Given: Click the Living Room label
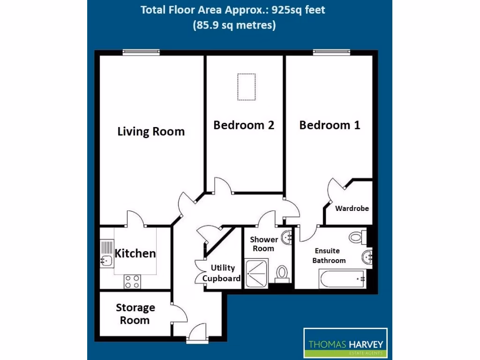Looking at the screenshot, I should [x=151, y=132].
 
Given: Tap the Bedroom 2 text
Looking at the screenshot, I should [x=244, y=125].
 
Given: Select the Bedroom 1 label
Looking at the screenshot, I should [x=330, y=125].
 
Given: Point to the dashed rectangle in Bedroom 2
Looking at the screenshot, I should [x=246, y=87].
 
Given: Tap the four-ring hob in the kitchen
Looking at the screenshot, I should [x=132, y=281].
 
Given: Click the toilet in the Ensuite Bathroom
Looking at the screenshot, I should [x=357, y=237].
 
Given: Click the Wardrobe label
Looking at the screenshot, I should [x=352, y=208].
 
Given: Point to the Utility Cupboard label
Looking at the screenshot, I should [x=222, y=273].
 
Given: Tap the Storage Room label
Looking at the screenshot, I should [x=135, y=314].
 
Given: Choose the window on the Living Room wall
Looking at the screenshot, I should [x=140, y=52].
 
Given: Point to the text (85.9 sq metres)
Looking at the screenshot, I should [x=234, y=25].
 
